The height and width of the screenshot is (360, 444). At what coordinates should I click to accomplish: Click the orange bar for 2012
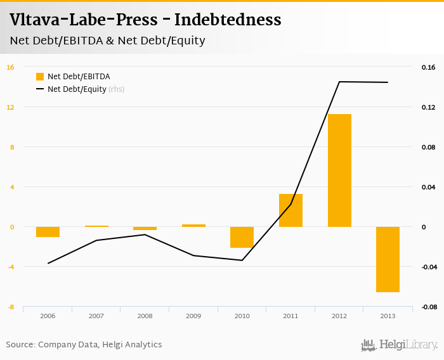tap(339, 170)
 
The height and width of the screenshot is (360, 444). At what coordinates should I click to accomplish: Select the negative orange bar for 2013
tap(388, 259)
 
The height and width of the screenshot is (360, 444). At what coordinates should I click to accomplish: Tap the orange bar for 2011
tap(291, 210)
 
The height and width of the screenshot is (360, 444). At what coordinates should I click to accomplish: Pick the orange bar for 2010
tap(242, 237)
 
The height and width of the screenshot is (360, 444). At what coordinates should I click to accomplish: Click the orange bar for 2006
tap(48, 232)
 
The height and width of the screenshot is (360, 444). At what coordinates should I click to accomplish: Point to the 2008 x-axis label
tap(145, 316)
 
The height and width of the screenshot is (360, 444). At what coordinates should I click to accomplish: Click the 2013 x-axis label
tap(388, 316)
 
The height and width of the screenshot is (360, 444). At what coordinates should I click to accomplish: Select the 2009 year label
tap(193, 316)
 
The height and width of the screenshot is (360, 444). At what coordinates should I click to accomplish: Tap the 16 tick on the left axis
tap(10, 67)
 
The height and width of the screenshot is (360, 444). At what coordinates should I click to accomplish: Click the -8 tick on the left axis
tap(10, 307)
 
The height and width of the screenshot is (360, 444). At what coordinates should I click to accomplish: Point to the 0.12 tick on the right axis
tap(428, 107)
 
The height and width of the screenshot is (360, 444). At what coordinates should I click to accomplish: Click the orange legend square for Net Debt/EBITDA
tap(40, 77)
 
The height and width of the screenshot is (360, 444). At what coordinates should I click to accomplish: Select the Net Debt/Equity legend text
tap(76, 89)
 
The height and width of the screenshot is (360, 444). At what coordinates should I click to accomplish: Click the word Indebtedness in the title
tap(228, 20)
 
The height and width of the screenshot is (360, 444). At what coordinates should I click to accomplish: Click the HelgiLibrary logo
tap(400, 345)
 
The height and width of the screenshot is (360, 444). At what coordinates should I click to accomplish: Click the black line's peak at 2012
tap(339, 82)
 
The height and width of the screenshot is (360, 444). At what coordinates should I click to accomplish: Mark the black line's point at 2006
tap(48, 263)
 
